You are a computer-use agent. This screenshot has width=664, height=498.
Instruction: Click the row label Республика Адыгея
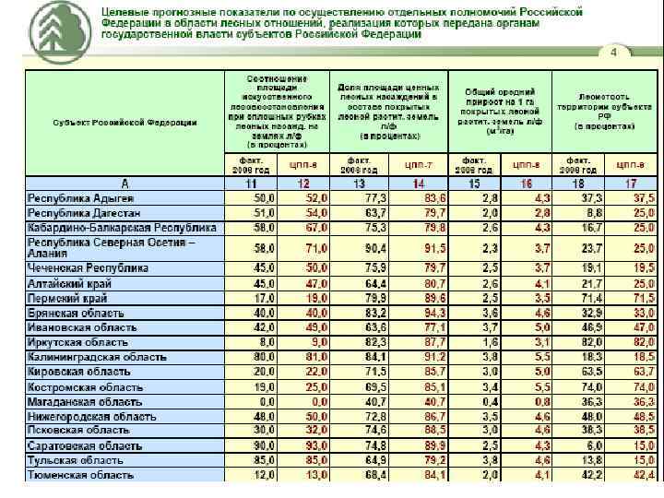point(81,199)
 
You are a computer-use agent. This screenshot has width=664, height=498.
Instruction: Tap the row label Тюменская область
point(80,475)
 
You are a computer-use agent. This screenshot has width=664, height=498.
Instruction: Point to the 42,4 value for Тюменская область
point(641,475)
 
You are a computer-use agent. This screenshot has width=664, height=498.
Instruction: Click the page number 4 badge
point(612,52)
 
